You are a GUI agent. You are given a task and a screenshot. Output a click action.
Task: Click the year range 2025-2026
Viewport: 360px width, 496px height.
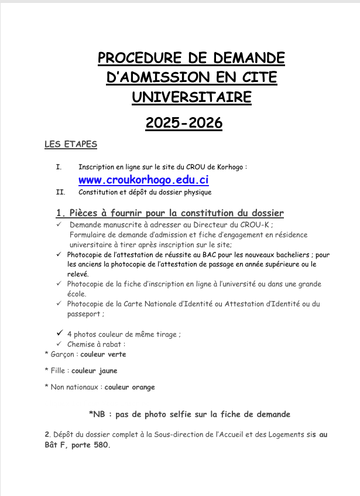(x=184, y=123)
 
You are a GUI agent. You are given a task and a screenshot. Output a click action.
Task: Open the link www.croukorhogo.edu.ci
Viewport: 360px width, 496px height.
(x=143, y=180)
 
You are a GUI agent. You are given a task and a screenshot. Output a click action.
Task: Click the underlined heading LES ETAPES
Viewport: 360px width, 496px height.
(x=71, y=144)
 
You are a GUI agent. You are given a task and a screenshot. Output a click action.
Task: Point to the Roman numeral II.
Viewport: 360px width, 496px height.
(x=60, y=192)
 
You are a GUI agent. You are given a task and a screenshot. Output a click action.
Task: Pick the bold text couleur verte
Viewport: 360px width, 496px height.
(x=103, y=354)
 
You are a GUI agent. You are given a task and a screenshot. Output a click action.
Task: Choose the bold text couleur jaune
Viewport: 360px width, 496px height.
(x=94, y=371)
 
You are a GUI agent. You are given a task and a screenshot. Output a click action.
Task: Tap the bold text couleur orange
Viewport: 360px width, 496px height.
(x=130, y=387)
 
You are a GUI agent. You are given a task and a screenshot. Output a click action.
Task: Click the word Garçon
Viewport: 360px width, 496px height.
(x=61, y=354)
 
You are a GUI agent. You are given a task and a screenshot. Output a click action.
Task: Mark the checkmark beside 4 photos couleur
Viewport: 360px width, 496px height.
(x=59, y=333)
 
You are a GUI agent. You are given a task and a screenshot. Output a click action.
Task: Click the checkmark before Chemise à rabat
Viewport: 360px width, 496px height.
(x=59, y=344)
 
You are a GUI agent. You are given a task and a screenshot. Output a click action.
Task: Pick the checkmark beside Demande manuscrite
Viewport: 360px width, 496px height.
(x=59, y=224)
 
